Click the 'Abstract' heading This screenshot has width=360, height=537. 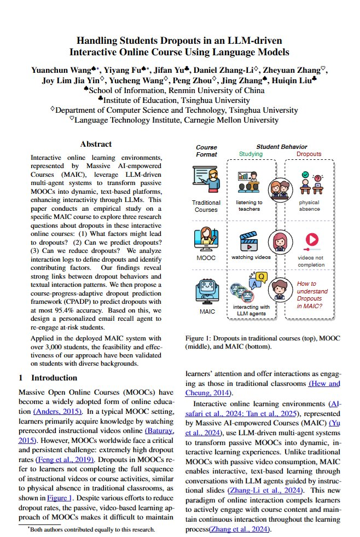pos(96,145)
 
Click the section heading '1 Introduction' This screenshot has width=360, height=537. pos(48,378)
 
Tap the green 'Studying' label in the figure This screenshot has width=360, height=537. pos(251,154)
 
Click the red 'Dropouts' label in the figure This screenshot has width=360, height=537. pos(309,154)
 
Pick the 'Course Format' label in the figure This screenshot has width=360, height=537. pos(206,151)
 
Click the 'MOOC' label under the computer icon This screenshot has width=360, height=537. pos(206,257)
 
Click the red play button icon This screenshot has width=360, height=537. pos(311,240)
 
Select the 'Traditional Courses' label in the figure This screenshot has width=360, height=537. pos(206,206)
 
